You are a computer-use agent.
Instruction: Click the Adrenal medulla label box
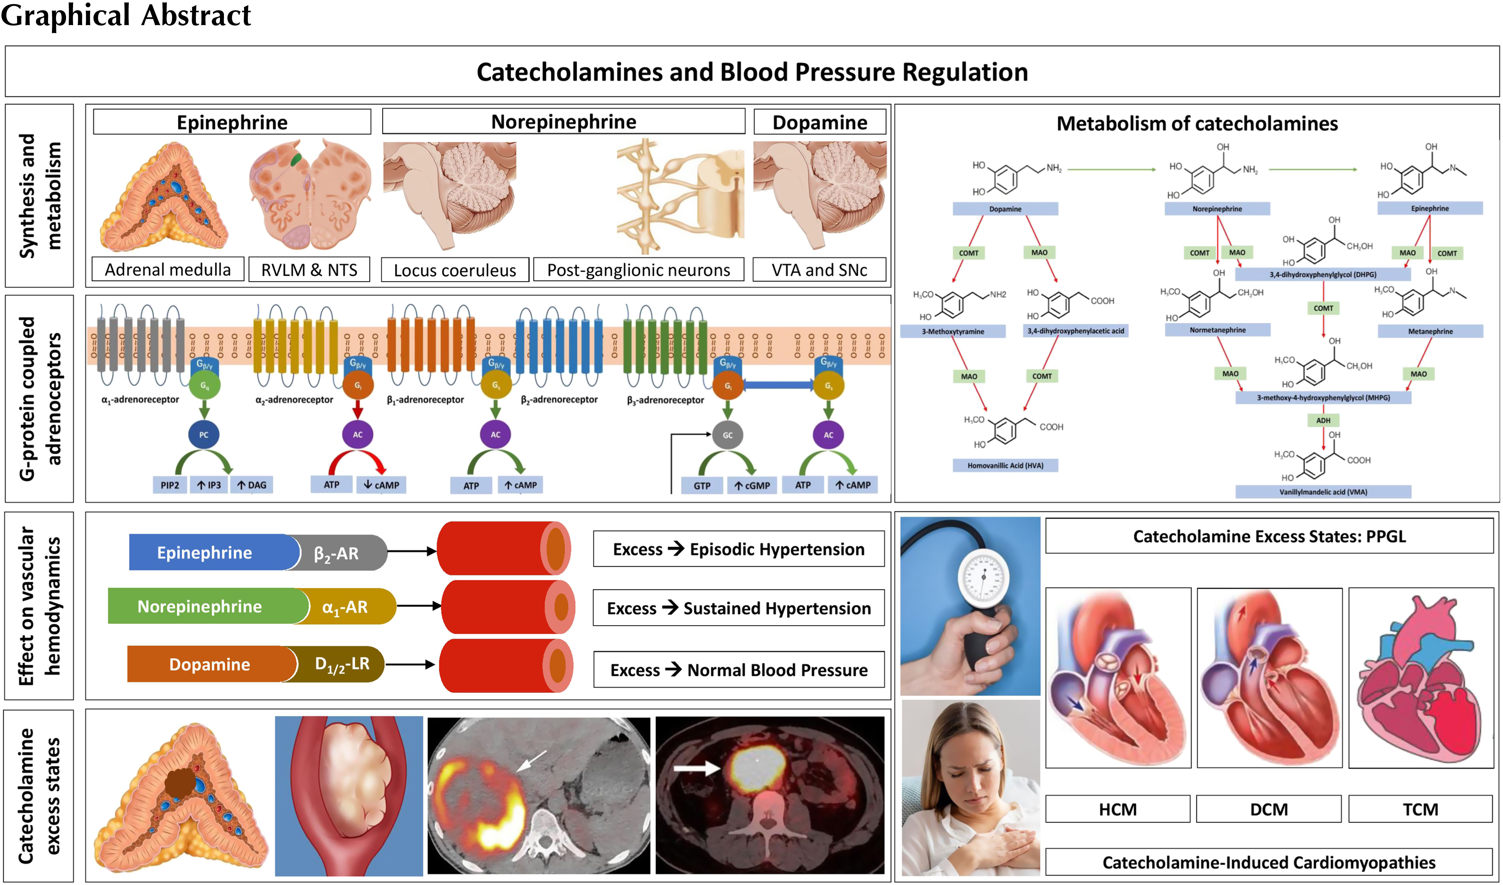click(x=168, y=269)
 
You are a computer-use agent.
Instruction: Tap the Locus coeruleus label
click(x=455, y=270)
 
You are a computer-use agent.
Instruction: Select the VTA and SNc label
click(x=819, y=270)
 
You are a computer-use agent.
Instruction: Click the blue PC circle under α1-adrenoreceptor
click(x=204, y=435)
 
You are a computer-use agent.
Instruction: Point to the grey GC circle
click(x=727, y=435)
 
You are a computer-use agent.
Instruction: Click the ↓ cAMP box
click(x=381, y=485)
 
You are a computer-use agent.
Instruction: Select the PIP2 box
click(x=169, y=485)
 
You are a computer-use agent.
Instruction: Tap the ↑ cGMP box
click(x=752, y=486)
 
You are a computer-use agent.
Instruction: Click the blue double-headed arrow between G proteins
click(x=778, y=385)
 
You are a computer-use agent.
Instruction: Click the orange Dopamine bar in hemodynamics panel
click(x=210, y=664)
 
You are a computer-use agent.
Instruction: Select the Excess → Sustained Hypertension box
click(x=739, y=608)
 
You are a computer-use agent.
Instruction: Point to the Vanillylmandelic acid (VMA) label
click(x=1323, y=491)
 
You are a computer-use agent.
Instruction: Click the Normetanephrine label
click(x=1217, y=330)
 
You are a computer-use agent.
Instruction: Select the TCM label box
click(x=1420, y=809)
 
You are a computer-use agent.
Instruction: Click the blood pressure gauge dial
click(x=983, y=577)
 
